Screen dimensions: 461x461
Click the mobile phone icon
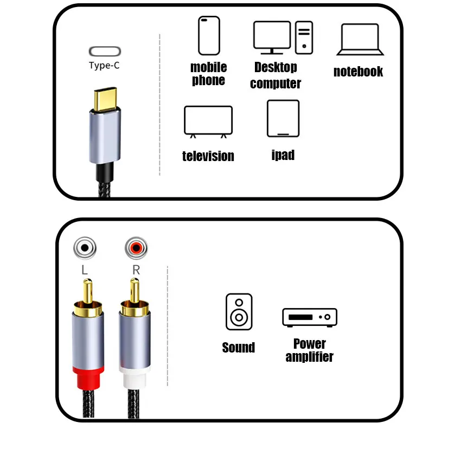209,36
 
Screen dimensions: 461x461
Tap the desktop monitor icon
272,37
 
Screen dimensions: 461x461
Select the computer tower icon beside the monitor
304,37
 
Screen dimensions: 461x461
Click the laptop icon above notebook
360,40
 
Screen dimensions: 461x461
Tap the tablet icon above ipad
283,119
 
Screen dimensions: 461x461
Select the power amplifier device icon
310,317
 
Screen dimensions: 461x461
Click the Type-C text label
104,66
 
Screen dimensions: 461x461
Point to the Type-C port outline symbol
105,52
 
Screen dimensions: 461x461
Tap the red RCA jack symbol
136,249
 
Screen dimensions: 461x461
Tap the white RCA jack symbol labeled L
85,249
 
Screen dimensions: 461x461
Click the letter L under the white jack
85,269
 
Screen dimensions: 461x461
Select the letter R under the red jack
136,269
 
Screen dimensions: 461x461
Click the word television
208,156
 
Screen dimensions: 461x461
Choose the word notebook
358,72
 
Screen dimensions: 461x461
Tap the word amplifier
309,357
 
